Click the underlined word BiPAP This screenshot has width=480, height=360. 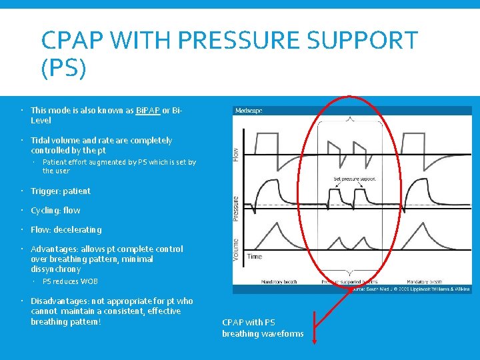(x=147, y=111)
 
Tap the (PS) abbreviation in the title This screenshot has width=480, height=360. (x=63, y=68)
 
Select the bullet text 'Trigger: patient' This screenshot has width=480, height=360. (x=60, y=191)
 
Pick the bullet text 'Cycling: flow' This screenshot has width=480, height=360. (x=55, y=211)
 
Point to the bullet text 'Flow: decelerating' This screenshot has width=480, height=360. (x=66, y=230)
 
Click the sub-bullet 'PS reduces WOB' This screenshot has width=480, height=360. (x=70, y=281)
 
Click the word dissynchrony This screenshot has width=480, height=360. (x=55, y=269)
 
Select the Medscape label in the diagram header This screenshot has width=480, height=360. (x=249, y=111)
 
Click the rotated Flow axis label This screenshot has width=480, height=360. (x=236, y=153)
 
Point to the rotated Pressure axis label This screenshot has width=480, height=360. (x=236, y=209)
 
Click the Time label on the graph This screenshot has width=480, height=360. (x=255, y=256)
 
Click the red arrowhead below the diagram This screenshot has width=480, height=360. (x=315, y=341)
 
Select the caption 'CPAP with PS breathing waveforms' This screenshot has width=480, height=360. (x=263, y=328)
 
